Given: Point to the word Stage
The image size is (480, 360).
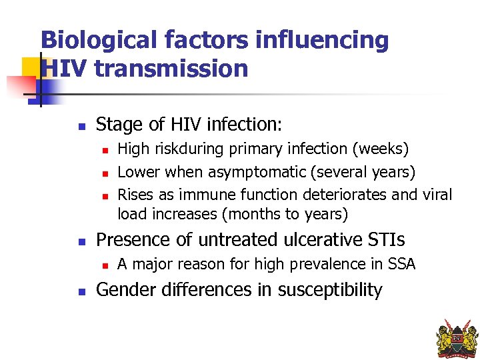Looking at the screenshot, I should (x=117, y=125).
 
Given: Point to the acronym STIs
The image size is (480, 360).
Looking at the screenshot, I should (x=385, y=239).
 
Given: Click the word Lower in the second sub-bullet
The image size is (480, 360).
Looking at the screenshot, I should (x=139, y=172).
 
